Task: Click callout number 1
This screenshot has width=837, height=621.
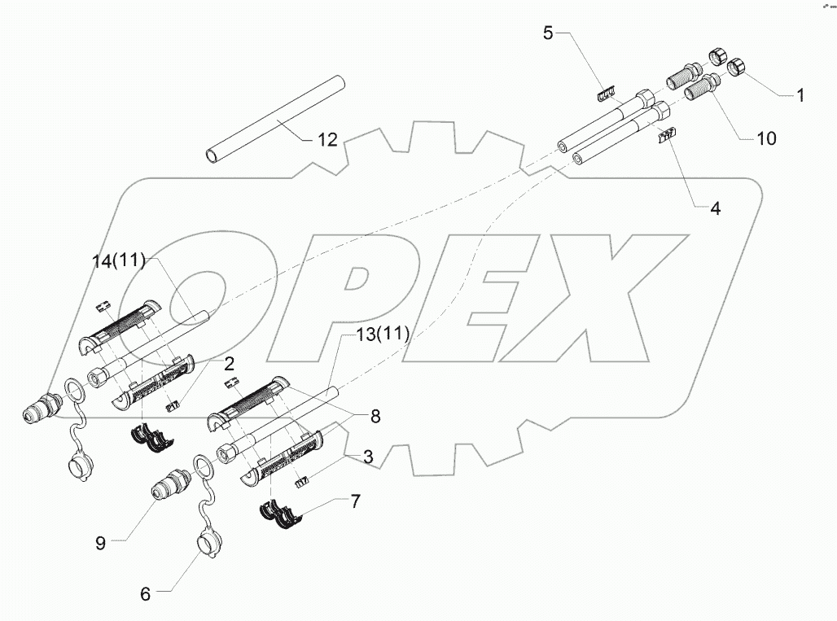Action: click(x=800, y=95)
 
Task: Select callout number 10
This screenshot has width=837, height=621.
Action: click(x=766, y=138)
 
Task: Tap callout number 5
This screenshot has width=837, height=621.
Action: click(x=548, y=33)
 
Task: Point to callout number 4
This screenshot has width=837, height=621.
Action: click(x=714, y=208)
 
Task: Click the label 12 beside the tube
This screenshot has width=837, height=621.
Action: click(x=326, y=140)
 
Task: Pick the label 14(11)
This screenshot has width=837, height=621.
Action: click(x=118, y=261)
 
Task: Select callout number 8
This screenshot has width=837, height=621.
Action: click(x=375, y=416)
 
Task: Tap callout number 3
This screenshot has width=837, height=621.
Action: click(x=368, y=458)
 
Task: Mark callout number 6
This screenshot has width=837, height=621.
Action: click(x=145, y=594)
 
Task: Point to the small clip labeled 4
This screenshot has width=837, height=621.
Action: click(x=668, y=137)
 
